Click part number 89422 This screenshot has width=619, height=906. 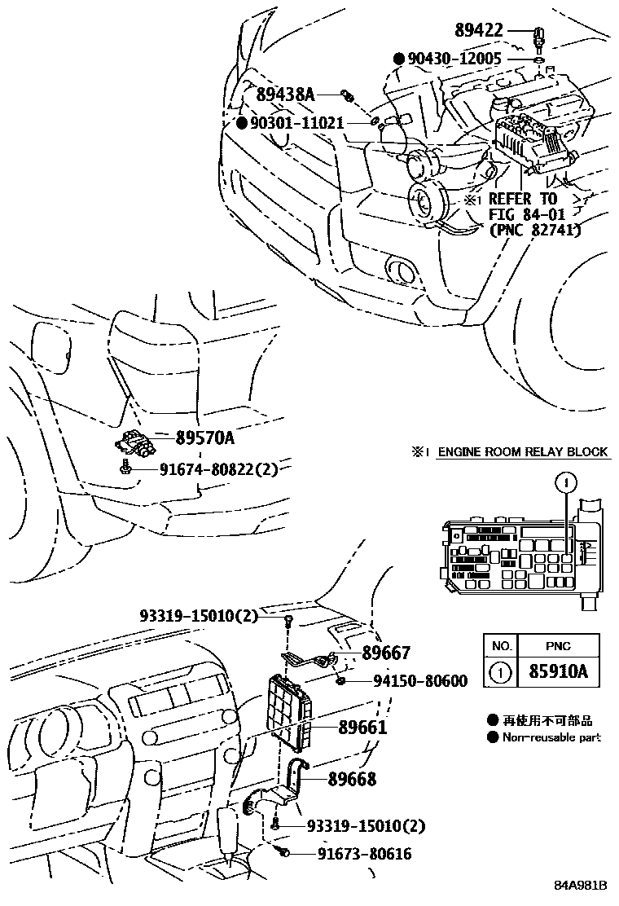pos(481,31)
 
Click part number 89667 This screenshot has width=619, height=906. pos(386,653)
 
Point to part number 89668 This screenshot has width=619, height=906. pos(352,780)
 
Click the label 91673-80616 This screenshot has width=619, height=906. pos(354,854)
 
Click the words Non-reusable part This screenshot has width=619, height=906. pos(551,737)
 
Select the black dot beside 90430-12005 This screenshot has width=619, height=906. pos(399,59)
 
